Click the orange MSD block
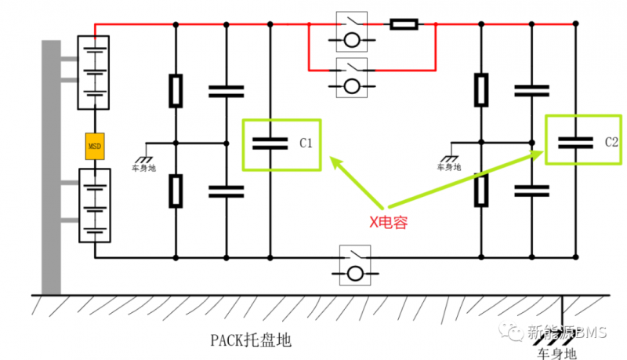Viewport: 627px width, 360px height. [94, 147]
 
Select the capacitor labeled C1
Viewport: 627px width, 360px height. [270, 144]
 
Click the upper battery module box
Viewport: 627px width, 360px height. [94, 72]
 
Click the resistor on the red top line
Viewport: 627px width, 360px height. [404, 24]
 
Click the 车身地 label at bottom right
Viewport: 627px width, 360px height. [556, 354]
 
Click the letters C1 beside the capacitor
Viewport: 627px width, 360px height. [306, 144]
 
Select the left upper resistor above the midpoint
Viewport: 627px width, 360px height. [176, 90]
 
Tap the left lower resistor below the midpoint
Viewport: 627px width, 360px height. [176, 189]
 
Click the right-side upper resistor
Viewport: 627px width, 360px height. [481, 89]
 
